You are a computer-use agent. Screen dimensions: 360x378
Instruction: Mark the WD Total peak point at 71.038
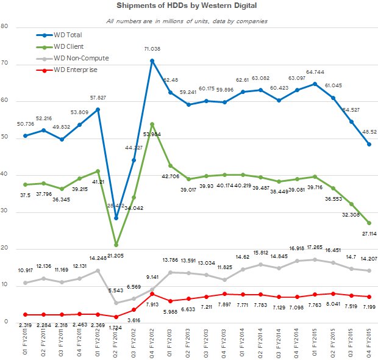152,60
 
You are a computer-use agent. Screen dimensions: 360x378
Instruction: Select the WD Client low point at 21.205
116,245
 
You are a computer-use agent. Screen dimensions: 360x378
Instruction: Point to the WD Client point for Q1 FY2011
24,184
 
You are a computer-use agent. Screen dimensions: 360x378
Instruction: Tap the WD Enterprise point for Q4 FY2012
152,294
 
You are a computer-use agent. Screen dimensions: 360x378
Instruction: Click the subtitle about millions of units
186,21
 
